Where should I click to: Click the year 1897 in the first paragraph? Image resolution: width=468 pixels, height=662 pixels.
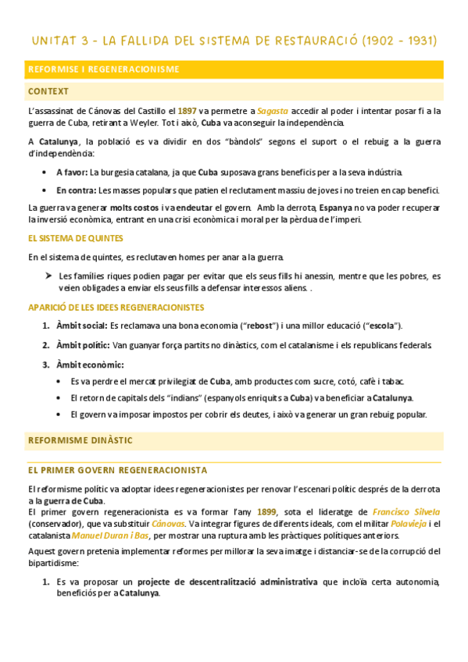coord(188,111)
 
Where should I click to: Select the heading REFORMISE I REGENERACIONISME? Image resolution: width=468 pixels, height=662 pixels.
coord(103,69)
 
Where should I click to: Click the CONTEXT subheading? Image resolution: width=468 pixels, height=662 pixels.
coord(48,91)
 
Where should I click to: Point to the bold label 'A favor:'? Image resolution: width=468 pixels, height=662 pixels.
coord(72,172)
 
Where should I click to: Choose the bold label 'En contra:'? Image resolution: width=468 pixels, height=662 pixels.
coord(77,190)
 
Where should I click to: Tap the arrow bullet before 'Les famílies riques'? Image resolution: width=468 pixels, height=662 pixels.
coord(48,276)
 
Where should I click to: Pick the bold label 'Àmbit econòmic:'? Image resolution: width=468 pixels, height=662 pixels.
coord(90,364)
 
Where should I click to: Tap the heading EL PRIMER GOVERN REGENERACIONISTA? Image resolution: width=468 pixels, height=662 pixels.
coord(117,470)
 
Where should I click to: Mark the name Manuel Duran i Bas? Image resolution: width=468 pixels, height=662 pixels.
coord(110,536)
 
